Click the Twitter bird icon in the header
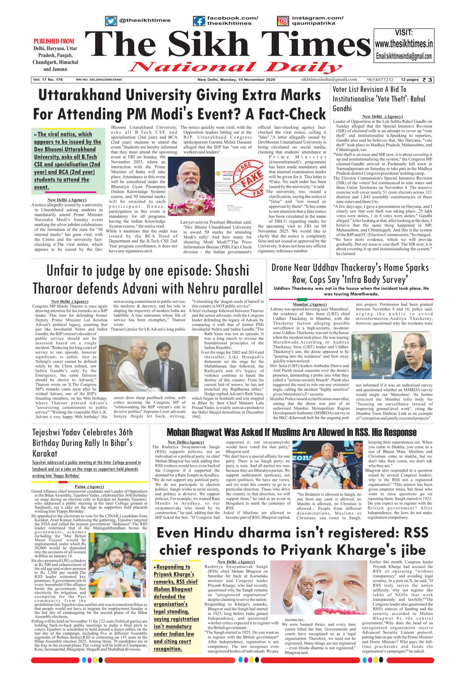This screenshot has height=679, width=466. [111, 21]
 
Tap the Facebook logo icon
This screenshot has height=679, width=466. [199, 21]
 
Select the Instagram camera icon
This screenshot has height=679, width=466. [283, 21]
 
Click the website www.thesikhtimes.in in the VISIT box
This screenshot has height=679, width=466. [404, 44]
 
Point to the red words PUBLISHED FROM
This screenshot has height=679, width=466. [54, 41]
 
